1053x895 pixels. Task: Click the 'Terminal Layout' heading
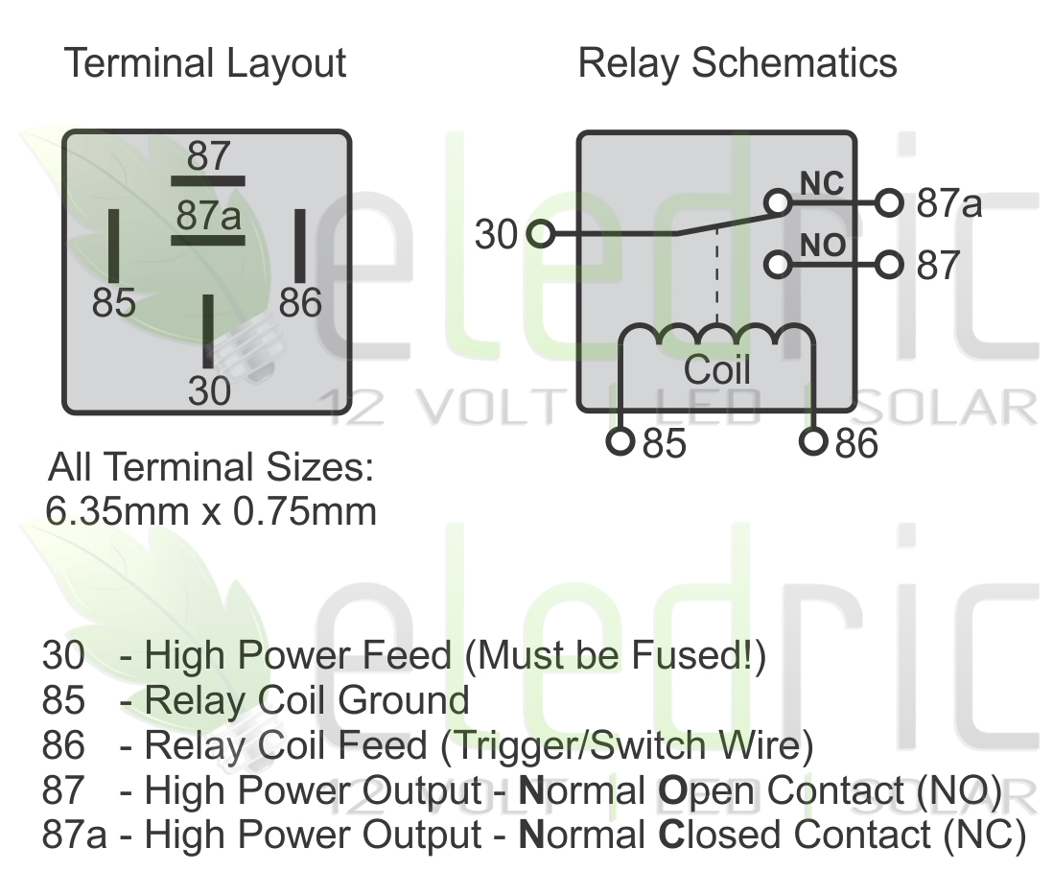[x=204, y=64]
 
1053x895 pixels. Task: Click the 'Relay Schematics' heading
[x=737, y=64]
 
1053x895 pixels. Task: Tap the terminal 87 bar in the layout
[x=207, y=180]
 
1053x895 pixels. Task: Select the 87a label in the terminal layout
[x=207, y=216]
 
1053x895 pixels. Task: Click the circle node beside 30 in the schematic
[x=540, y=233]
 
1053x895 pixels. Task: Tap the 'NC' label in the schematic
[x=822, y=184]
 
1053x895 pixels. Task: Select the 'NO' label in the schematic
[x=822, y=246]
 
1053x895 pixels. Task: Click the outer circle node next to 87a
[x=891, y=203]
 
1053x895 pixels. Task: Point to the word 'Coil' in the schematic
[x=716, y=369]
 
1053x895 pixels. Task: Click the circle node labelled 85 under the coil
[x=622, y=441]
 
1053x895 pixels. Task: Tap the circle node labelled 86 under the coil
[x=813, y=441]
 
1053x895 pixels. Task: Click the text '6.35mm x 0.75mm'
[x=211, y=510]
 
